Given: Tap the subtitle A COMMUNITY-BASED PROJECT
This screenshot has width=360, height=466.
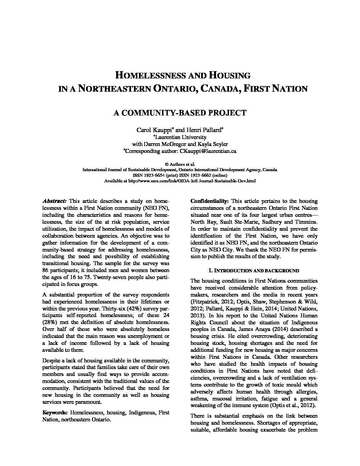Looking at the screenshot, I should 180,113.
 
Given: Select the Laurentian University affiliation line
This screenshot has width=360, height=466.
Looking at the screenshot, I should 180,137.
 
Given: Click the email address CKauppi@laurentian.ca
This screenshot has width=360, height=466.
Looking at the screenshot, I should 208,151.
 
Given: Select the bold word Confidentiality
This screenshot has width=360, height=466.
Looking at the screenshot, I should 209,201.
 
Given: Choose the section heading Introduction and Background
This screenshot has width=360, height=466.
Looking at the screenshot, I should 254,270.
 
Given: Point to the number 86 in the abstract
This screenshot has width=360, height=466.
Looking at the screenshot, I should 46,270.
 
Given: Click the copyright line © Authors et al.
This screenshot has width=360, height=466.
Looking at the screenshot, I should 180,164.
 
